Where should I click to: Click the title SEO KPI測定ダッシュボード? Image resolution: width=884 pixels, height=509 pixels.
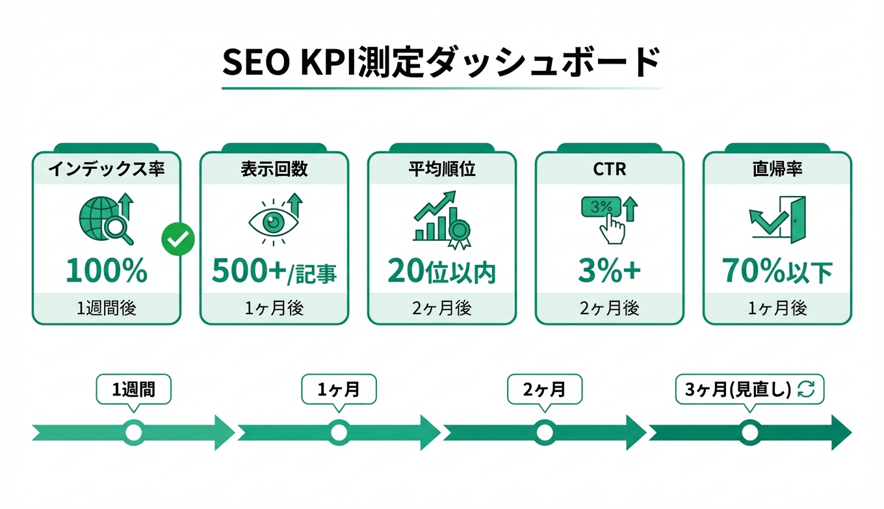coord(441,63)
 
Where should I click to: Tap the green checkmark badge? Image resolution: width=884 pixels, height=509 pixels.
coord(177,240)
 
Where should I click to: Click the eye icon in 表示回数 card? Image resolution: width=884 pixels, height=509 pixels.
coord(274,221)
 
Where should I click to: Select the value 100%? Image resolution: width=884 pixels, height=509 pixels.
coord(107,272)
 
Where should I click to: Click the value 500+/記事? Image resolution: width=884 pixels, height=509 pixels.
coord(274,272)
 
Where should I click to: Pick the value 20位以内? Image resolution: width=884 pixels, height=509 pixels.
coord(442,272)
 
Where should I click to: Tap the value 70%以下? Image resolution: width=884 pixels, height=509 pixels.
coord(777,272)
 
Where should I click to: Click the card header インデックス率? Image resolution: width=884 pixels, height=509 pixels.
coord(107,169)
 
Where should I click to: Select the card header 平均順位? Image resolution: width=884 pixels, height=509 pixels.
coord(442,169)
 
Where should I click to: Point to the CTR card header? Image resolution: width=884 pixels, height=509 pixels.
coord(610,169)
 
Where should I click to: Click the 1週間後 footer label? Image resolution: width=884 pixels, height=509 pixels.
coord(107,308)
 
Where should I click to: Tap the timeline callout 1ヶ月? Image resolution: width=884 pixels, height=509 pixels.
coord(339,390)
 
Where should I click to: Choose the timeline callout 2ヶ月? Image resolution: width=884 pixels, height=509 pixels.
coord(544,390)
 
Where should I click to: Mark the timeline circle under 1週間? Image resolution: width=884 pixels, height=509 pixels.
coord(133,432)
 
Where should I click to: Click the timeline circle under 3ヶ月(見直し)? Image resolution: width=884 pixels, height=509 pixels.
coord(749,432)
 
